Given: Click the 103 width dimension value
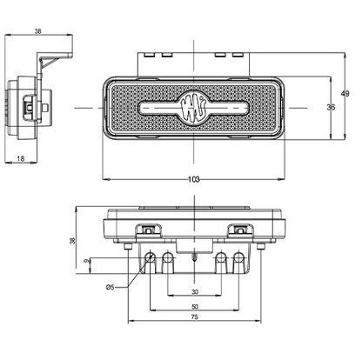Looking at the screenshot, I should coord(193,178).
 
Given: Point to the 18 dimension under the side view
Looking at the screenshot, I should coord(21,158).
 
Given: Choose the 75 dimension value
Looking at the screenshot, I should coord(194,318).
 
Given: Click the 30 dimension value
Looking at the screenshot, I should coord(194,291).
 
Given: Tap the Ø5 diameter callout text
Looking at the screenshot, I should coord(111,286).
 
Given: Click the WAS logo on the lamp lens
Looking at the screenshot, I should coord(192,108).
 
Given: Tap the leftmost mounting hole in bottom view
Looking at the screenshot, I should coord(151,258).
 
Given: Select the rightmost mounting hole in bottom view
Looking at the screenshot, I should coord(238,258).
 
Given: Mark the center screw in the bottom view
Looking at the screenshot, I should coord(194,257).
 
